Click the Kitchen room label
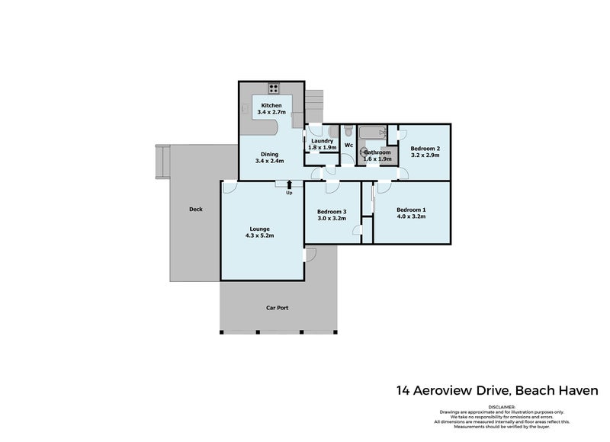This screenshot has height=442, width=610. pos(271,105)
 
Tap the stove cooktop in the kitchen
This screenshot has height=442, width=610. pos(273,85)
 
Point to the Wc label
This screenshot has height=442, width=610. pos(348,145)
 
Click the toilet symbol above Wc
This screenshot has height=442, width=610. pos(348,130)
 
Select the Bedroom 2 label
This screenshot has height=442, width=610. pos(423,148)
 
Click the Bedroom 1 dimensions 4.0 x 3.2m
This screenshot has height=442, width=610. pos(410,217)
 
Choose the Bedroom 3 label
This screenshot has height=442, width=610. pos(332,211)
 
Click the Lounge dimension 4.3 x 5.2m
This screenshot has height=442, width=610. pos(259,235)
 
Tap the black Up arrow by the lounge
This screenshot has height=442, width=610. pos(289,184)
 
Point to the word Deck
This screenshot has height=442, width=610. pos(196,210)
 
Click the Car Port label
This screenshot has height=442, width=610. pos(277,308)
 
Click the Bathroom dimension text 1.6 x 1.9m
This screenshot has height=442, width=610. pos(377,159)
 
